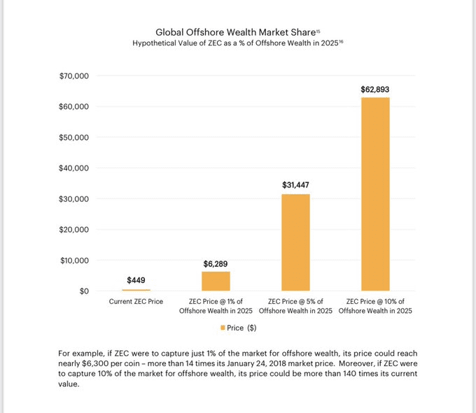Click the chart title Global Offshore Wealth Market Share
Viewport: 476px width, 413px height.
coord(235,32)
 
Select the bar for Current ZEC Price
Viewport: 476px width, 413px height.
coord(136,289)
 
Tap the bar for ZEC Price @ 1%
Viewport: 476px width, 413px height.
coord(216,281)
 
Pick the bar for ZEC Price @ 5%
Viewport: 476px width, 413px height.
coord(295,242)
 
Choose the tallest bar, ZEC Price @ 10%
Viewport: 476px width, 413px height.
coord(375,194)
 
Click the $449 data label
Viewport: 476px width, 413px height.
coord(136,280)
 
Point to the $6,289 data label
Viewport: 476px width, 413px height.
coord(216,263)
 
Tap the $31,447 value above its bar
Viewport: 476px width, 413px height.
coord(295,185)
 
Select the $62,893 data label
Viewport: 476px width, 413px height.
coord(375,89)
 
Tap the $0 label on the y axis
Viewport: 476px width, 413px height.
coord(83,291)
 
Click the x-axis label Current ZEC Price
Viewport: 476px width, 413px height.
coord(136,301)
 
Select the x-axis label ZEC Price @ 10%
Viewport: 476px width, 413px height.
coord(375,305)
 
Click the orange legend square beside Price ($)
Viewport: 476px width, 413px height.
coord(223,327)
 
